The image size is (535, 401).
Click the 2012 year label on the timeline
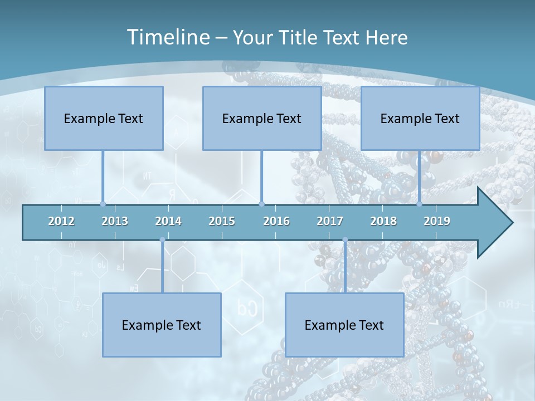[x=61, y=221]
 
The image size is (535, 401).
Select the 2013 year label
[x=115, y=221]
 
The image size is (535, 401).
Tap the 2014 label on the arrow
[x=168, y=221]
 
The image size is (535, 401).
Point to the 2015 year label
[x=222, y=221]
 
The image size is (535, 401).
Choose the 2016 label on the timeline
[x=276, y=221]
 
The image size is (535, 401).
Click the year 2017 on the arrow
[x=330, y=221]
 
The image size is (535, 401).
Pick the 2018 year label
[x=383, y=221]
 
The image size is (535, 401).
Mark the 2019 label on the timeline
[x=437, y=221]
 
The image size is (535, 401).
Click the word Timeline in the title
[x=167, y=37]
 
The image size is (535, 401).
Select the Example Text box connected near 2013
[x=104, y=118]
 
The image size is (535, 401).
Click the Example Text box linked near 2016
[x=262, y=118]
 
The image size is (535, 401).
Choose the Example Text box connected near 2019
[x=420, y=118]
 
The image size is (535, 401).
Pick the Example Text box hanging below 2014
[x=162, y=325]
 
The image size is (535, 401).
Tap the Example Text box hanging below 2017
[x=344, y=325]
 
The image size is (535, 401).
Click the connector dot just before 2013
[x=103, y=204]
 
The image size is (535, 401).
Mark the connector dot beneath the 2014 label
[x=162, y=239]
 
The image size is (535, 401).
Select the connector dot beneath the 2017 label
[x=345, y=239]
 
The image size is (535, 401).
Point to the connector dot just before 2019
[x=420, y=204]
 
